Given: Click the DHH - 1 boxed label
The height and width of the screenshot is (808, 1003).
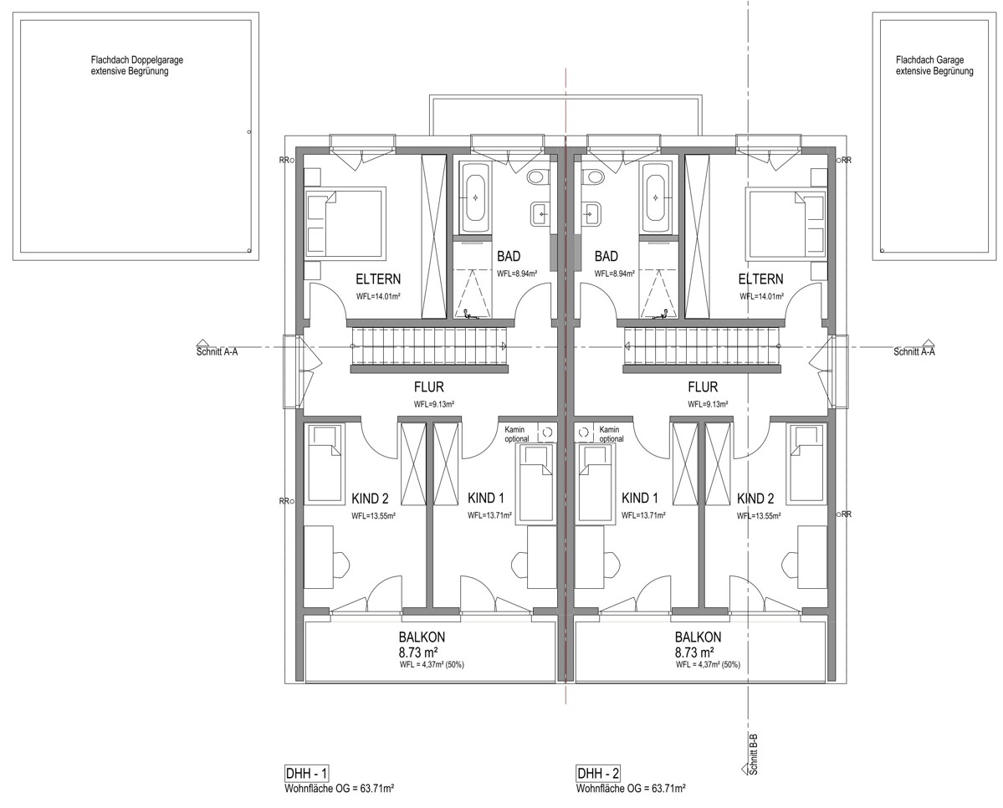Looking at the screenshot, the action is (306, 774).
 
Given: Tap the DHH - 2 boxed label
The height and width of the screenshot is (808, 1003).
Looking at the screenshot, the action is (598, 774).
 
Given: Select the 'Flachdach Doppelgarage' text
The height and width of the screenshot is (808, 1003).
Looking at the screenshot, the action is (137, 60).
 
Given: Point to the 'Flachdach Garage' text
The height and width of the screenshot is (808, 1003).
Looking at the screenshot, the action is (930, 60).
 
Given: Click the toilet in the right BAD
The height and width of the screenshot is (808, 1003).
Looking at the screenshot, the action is (592, 176).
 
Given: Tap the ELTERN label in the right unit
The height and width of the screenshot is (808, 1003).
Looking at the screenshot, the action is (760, 279).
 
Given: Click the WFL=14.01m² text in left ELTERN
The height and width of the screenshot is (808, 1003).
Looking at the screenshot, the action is (379, 296).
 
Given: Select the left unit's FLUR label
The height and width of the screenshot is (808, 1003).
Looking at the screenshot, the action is (428, 387).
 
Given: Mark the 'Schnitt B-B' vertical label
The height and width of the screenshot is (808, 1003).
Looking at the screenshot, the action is (755, 754).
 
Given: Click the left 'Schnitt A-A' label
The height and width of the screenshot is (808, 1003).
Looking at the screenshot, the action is (217, 351).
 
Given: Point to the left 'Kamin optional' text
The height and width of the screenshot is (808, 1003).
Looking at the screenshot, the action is (517, 434).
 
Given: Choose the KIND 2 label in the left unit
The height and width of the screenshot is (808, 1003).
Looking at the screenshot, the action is (370, 499).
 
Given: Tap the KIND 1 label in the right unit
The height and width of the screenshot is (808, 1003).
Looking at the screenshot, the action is (640, 499).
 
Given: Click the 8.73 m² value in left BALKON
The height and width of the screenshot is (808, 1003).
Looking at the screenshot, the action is (418, 652).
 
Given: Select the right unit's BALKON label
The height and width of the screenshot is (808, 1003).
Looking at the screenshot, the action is (698, 637).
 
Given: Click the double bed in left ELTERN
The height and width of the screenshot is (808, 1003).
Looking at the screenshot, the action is (345, 223).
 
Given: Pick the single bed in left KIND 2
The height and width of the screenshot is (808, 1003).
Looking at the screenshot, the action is (325, 464).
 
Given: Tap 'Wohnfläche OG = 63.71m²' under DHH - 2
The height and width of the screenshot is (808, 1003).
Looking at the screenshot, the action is (631, 788).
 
